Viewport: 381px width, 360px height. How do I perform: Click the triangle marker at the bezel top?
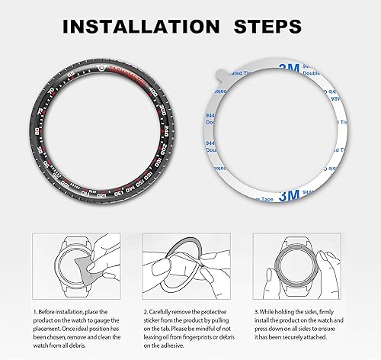tap(103, 67)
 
